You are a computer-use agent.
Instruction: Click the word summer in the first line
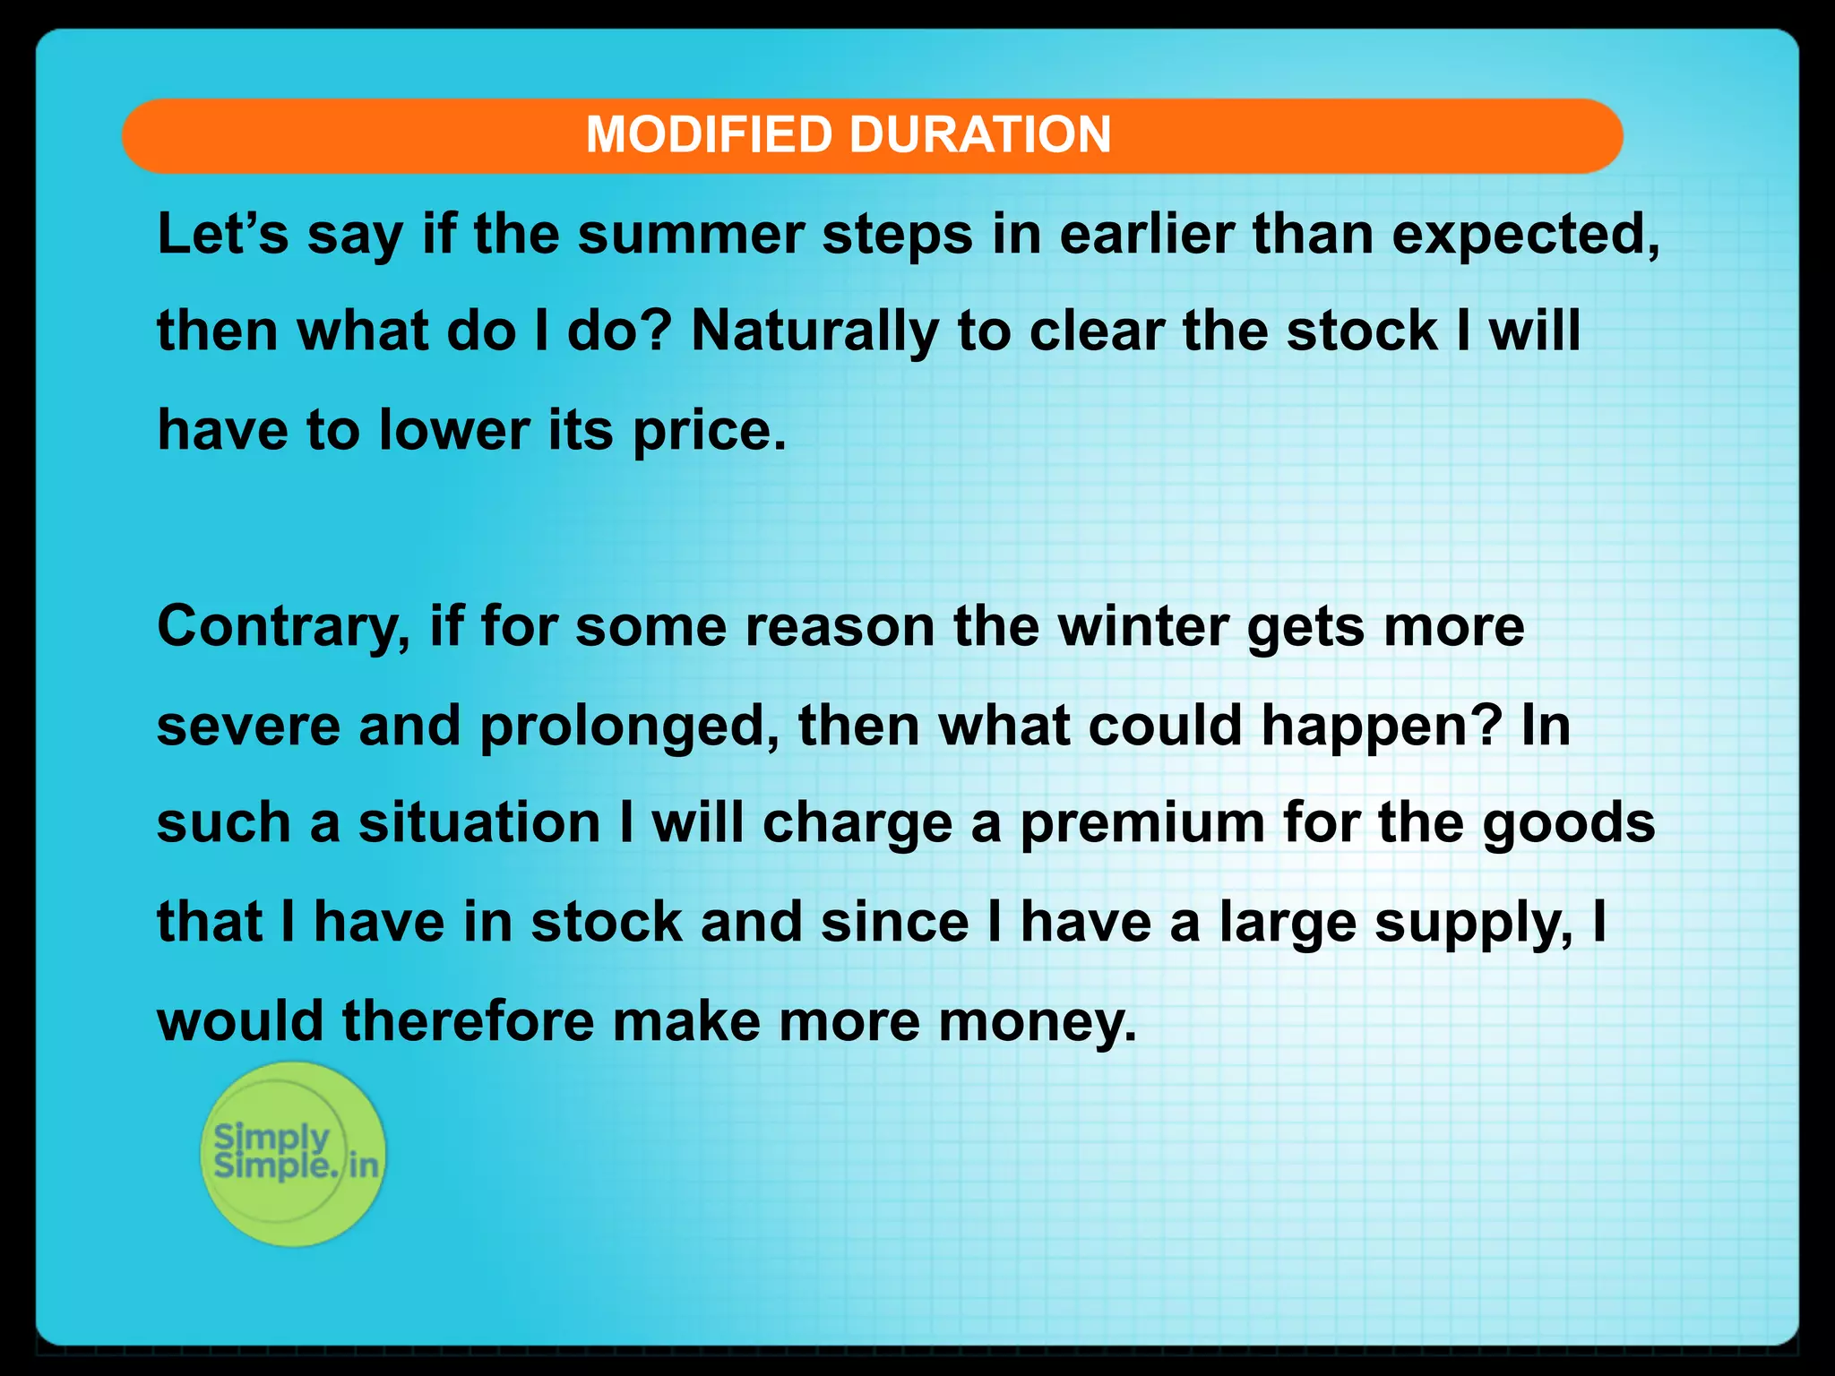pos(690,235)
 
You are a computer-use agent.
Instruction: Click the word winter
pos(1142,626)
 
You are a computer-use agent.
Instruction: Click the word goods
pos(1568,824)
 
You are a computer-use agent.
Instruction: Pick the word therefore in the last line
pos(468,1021)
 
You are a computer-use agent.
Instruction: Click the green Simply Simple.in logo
pos(293,1154)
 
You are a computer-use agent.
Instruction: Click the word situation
pos(479,823)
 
